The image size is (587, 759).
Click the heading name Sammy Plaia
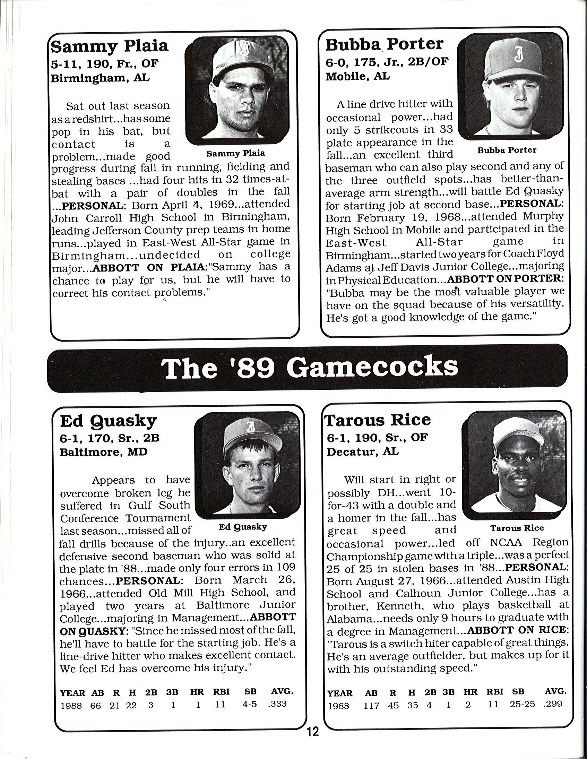click(110, 46)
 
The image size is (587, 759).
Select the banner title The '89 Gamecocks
click(310, 368)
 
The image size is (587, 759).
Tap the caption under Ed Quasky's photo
click(243, 527)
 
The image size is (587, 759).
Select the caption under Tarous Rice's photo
click(517, 528)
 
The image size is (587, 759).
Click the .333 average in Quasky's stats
click(277, 704)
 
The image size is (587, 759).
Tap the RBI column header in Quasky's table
click(222, 692)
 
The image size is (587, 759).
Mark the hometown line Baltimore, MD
click(104, 452)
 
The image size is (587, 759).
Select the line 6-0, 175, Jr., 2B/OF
click(387, 62)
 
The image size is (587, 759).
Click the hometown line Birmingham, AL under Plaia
click(100, 78)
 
